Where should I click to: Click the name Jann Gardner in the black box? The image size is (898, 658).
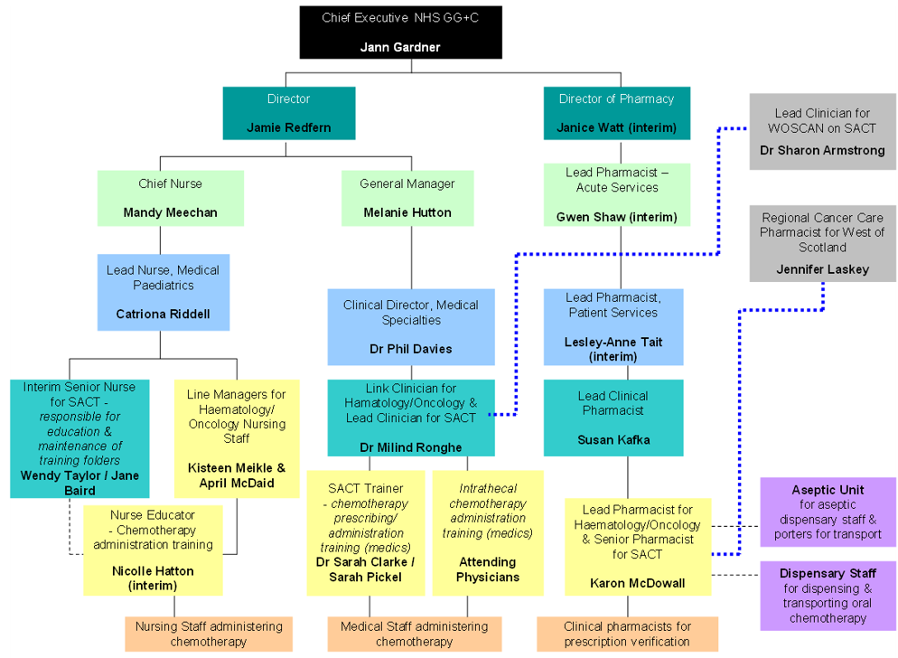pos(400,47)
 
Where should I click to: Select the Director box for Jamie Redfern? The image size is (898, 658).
pos(288,113)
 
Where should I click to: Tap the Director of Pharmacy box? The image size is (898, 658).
pos(616,113)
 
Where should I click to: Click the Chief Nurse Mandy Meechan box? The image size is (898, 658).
pos(170,198)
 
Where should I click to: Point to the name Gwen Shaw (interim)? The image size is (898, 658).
pos(616,217)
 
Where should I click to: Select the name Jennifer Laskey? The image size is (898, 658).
pos(822,269)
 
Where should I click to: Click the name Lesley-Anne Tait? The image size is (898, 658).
pos(613,342)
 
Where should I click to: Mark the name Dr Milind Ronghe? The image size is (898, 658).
pos(411,447)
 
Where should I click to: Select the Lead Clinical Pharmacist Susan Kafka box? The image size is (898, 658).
pos(613,418)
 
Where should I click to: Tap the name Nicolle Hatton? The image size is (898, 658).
pos(153,571)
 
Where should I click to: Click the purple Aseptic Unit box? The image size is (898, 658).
pos(828,512)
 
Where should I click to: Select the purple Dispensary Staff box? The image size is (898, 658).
pos(828,596)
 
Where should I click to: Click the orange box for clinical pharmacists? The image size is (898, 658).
pos(627,634)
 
